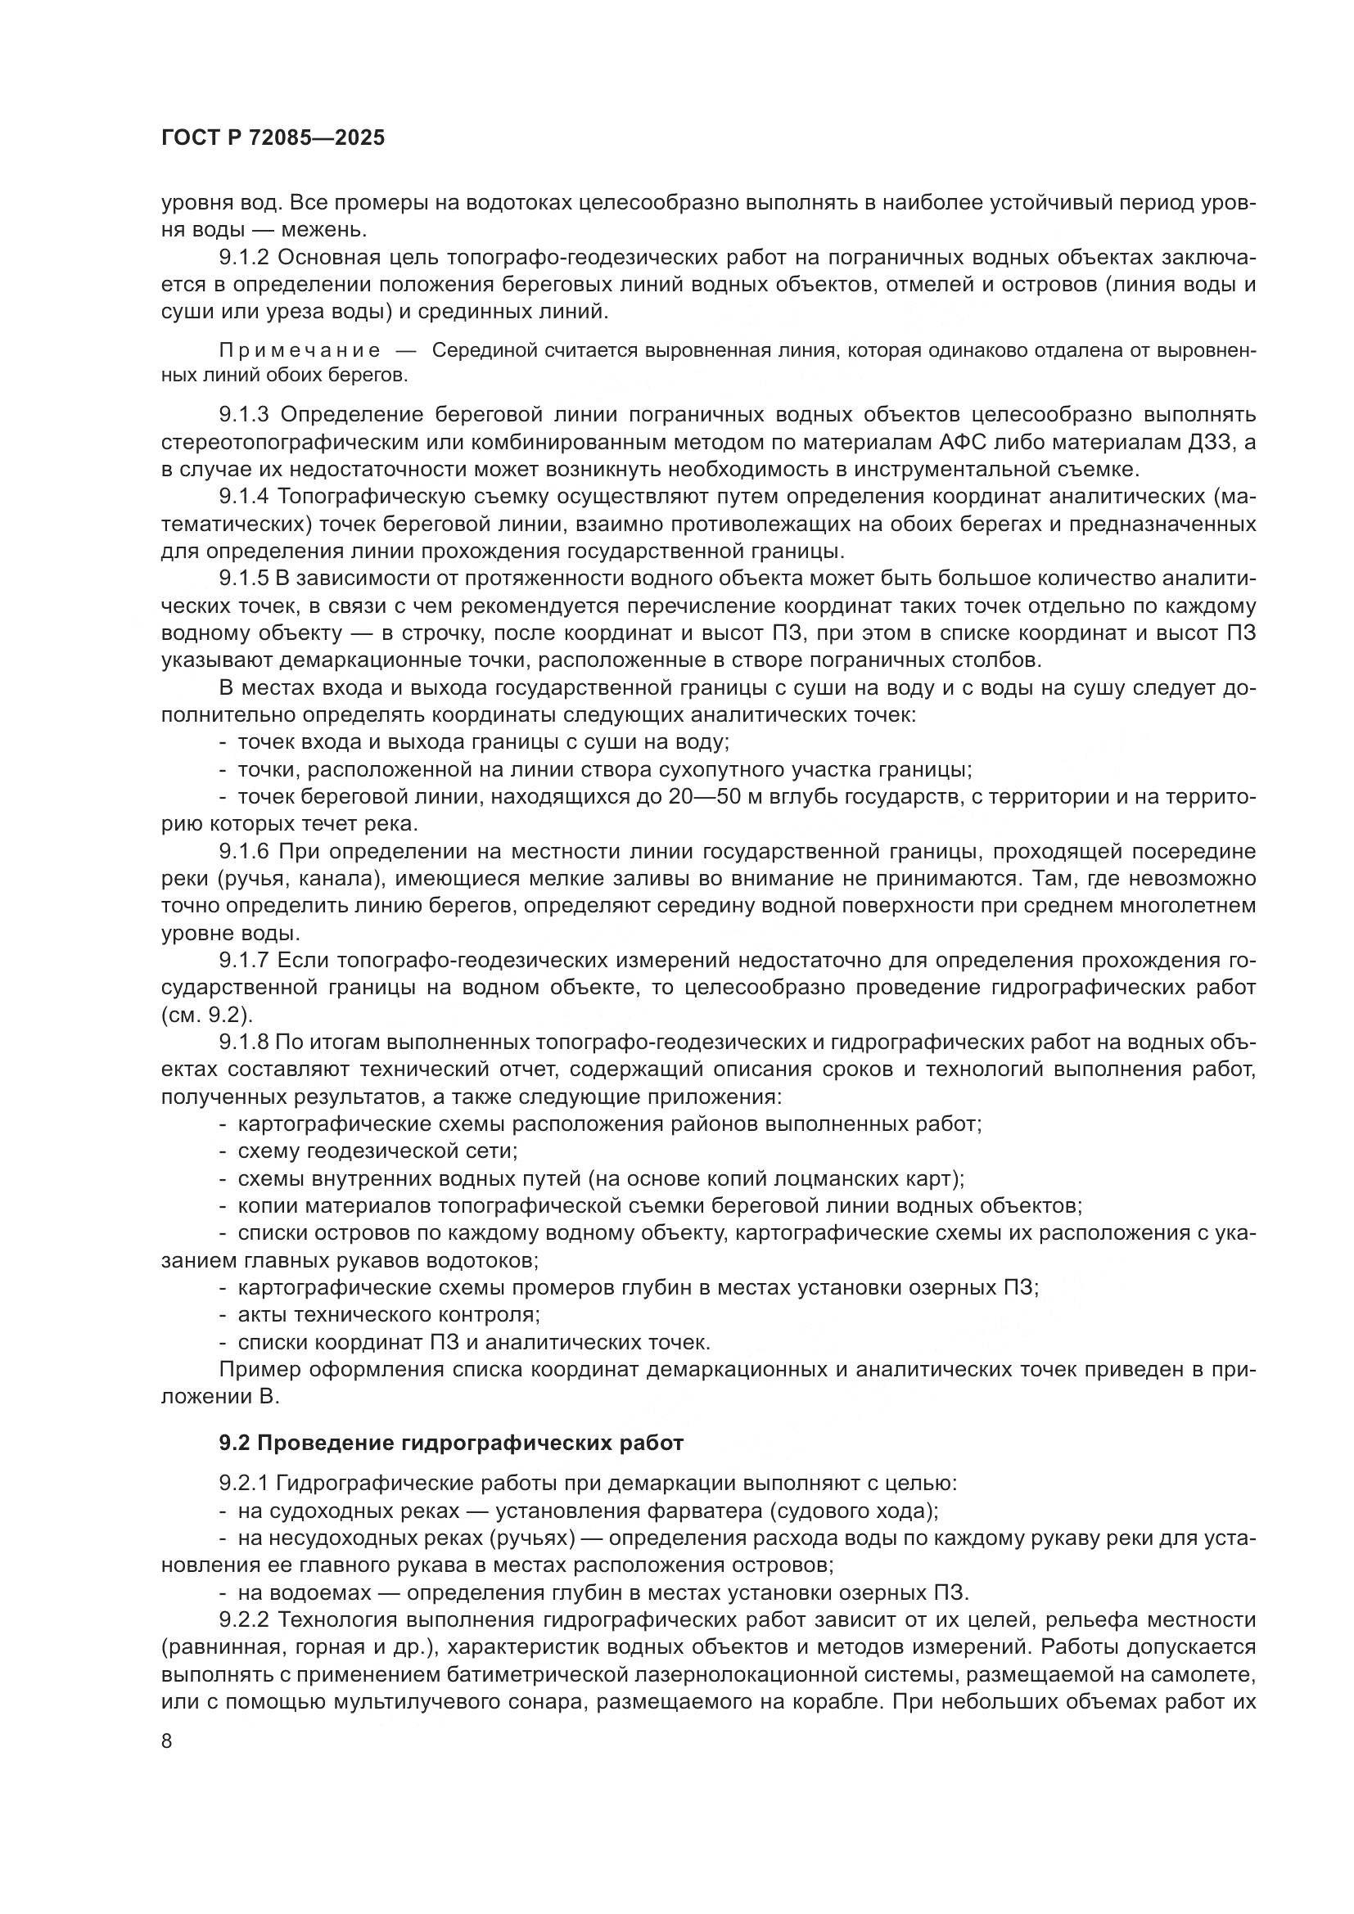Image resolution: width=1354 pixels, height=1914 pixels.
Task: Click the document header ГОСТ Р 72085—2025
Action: coord(273,138)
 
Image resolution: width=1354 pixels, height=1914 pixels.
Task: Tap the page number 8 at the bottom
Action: coord(167,1741)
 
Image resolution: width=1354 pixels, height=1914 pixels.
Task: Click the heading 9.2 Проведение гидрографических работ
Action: coord(451,1443)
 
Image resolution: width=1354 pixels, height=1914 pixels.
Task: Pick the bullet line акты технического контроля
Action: coord(389,1316)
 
